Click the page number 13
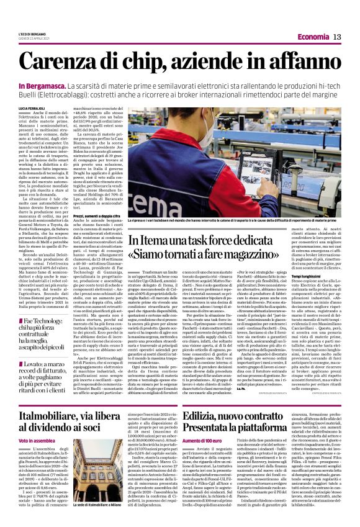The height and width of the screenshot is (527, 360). coord(338,38)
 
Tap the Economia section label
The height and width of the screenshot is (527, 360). coord(309,38)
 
